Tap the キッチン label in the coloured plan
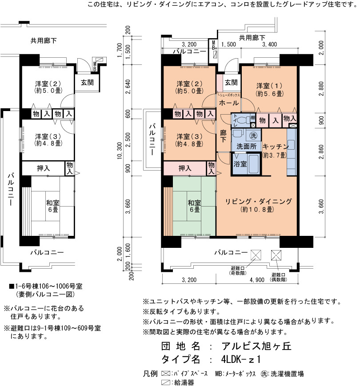point(275,147)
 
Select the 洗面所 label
point(246,146)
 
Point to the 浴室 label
point(240,164)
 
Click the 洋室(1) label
point(269,89)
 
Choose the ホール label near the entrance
point(229,103)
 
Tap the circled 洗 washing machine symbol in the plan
point(253,135)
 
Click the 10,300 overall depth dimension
point(120,151)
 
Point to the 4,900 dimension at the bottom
point(257,280)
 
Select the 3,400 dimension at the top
point(269,44)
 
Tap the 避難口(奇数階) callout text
point(238,271)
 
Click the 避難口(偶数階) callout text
point(278,277)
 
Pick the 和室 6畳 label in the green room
point(194,206)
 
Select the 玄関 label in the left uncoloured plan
point(87,83)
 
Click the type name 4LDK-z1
point(240,359)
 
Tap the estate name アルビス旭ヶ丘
point(256,346)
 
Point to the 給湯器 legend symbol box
point(165,382)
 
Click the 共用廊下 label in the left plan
point(44,40)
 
